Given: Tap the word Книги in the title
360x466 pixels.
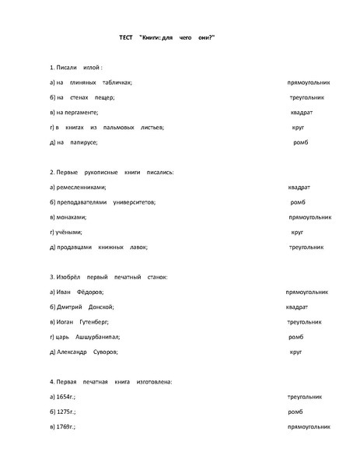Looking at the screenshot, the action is (152, 37).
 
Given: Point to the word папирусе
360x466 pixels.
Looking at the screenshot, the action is (82, 142).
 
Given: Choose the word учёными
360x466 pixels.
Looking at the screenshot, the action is (69, 232).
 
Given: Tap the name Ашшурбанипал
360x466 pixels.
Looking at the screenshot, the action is (97, 337).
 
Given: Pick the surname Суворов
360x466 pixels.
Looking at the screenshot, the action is (103, 352).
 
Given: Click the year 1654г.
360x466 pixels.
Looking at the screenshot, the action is (68, 397).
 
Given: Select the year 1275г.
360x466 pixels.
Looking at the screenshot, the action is (68, 412).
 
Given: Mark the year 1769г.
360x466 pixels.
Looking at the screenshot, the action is (68, 427).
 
